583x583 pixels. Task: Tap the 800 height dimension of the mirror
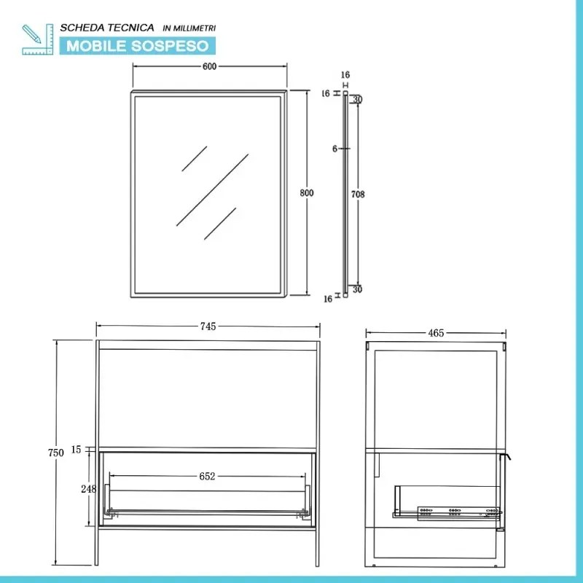click(x=307, y=193)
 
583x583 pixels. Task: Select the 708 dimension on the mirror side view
click(x=357, y=194)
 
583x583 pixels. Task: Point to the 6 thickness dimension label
click(x=334, y=149)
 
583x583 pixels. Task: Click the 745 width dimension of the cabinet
click(x=208, y=327)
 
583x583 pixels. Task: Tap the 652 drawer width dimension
click(x=207, y=477)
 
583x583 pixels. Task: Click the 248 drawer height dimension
click(x=88, y=489)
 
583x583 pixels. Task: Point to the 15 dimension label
click(x=77, y=450)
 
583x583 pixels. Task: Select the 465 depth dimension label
click(x=436, y=333)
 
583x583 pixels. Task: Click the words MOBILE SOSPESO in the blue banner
click(x=138, y=46)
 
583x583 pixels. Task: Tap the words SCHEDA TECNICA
click(x=107, y=27)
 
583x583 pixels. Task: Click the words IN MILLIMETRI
click(x=189, y=28)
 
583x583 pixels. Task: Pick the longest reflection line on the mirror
click(x=211, y=189)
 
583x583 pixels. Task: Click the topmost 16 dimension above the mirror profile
click(x=345, y=75)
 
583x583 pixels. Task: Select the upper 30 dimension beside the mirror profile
click(x=357, y=100)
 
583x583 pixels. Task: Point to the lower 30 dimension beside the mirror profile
click(x=357, y=290)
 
